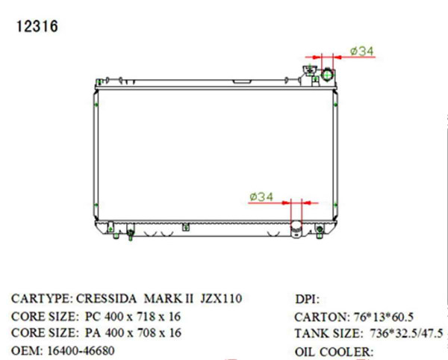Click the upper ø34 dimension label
click(x=361, y=52)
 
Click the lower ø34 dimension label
click(x=261, y=196)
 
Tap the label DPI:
click(x=308, y=300)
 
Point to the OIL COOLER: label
click(x=334, y=350)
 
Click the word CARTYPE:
click(x=42, y=299)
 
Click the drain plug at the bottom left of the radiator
click(x=131, y=235)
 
